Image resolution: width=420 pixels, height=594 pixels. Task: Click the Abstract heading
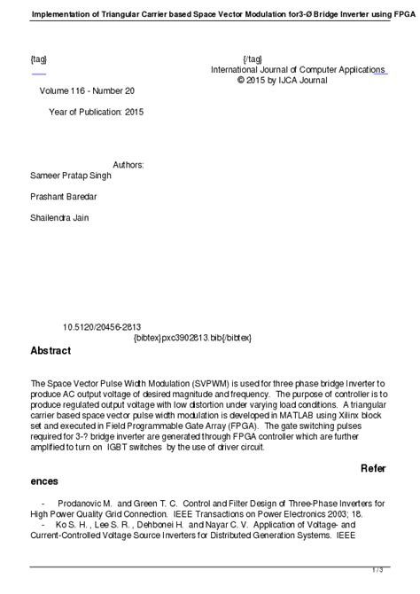[x=51, y=350]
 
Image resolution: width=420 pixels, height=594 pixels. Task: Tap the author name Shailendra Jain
[x=59, y=217]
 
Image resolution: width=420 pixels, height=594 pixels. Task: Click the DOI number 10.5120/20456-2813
[x=102, y=326]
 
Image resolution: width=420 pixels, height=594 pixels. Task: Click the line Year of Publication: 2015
[x=96, y=113]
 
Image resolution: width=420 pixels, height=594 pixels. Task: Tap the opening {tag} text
[x=39, y=59]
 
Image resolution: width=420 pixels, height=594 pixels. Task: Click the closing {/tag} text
[x=252, y=59]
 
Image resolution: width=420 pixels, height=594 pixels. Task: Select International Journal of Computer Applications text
[x=298, y=69]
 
